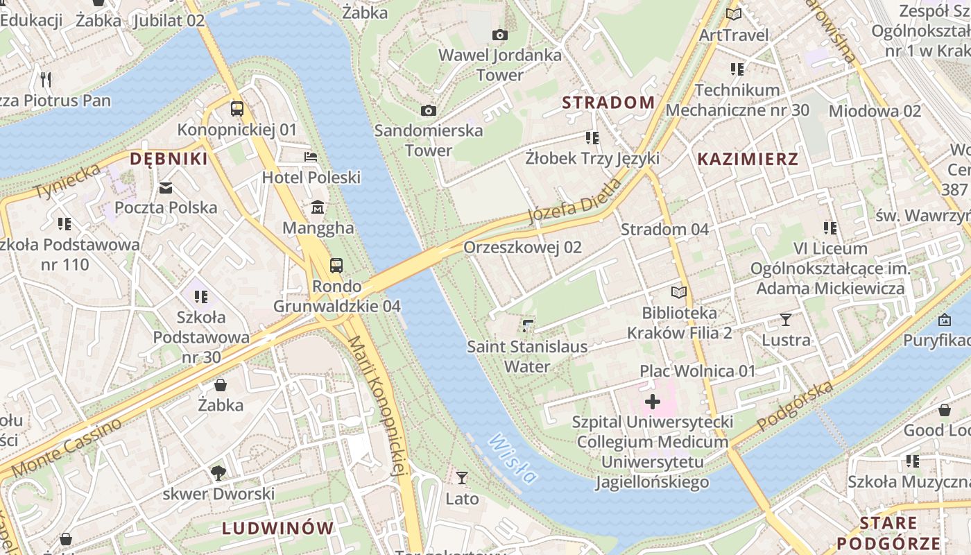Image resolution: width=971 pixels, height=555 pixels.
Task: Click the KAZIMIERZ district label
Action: (x=748, y=159)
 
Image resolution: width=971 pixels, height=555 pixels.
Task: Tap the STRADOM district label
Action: (x=608, y=103)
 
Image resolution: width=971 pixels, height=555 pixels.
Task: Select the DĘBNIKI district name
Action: (x=169, y=159)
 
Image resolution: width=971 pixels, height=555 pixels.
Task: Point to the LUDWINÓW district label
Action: (x=278, y=528)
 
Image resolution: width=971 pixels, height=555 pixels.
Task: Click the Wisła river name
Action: (x=513, y=459)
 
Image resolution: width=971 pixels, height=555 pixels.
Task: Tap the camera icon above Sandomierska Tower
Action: (x=429, y=110)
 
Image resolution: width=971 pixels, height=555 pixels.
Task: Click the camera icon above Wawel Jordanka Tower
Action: (x=499, y=35)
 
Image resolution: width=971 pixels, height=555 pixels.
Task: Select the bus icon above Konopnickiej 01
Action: (x=237, y=108)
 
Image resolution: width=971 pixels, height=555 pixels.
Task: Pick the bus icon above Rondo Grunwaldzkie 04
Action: (x=336, y=265)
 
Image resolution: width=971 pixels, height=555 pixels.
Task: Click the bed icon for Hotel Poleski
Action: (x=311, y=157)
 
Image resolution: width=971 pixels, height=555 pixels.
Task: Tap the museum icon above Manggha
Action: (x=318, y=207)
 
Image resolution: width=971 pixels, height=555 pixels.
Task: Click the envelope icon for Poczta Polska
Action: (x=166, y=187)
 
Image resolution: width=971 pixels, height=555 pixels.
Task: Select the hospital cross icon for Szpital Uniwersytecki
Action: (x=653, y=401)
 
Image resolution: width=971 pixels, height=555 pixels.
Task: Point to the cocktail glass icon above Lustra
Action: (x=785, y=319)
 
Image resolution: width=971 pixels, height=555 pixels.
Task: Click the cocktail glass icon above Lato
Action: (x=462, y=477)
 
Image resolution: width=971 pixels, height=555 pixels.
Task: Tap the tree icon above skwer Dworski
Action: (x=218, y=473)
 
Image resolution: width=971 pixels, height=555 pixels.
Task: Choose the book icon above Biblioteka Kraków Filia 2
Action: (x=678, y=292)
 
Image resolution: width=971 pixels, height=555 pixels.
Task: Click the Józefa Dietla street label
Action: (x=574, y=201)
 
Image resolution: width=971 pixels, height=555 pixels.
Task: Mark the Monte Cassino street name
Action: (x=67, y=447)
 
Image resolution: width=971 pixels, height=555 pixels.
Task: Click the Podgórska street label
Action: (x=795, y=406)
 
